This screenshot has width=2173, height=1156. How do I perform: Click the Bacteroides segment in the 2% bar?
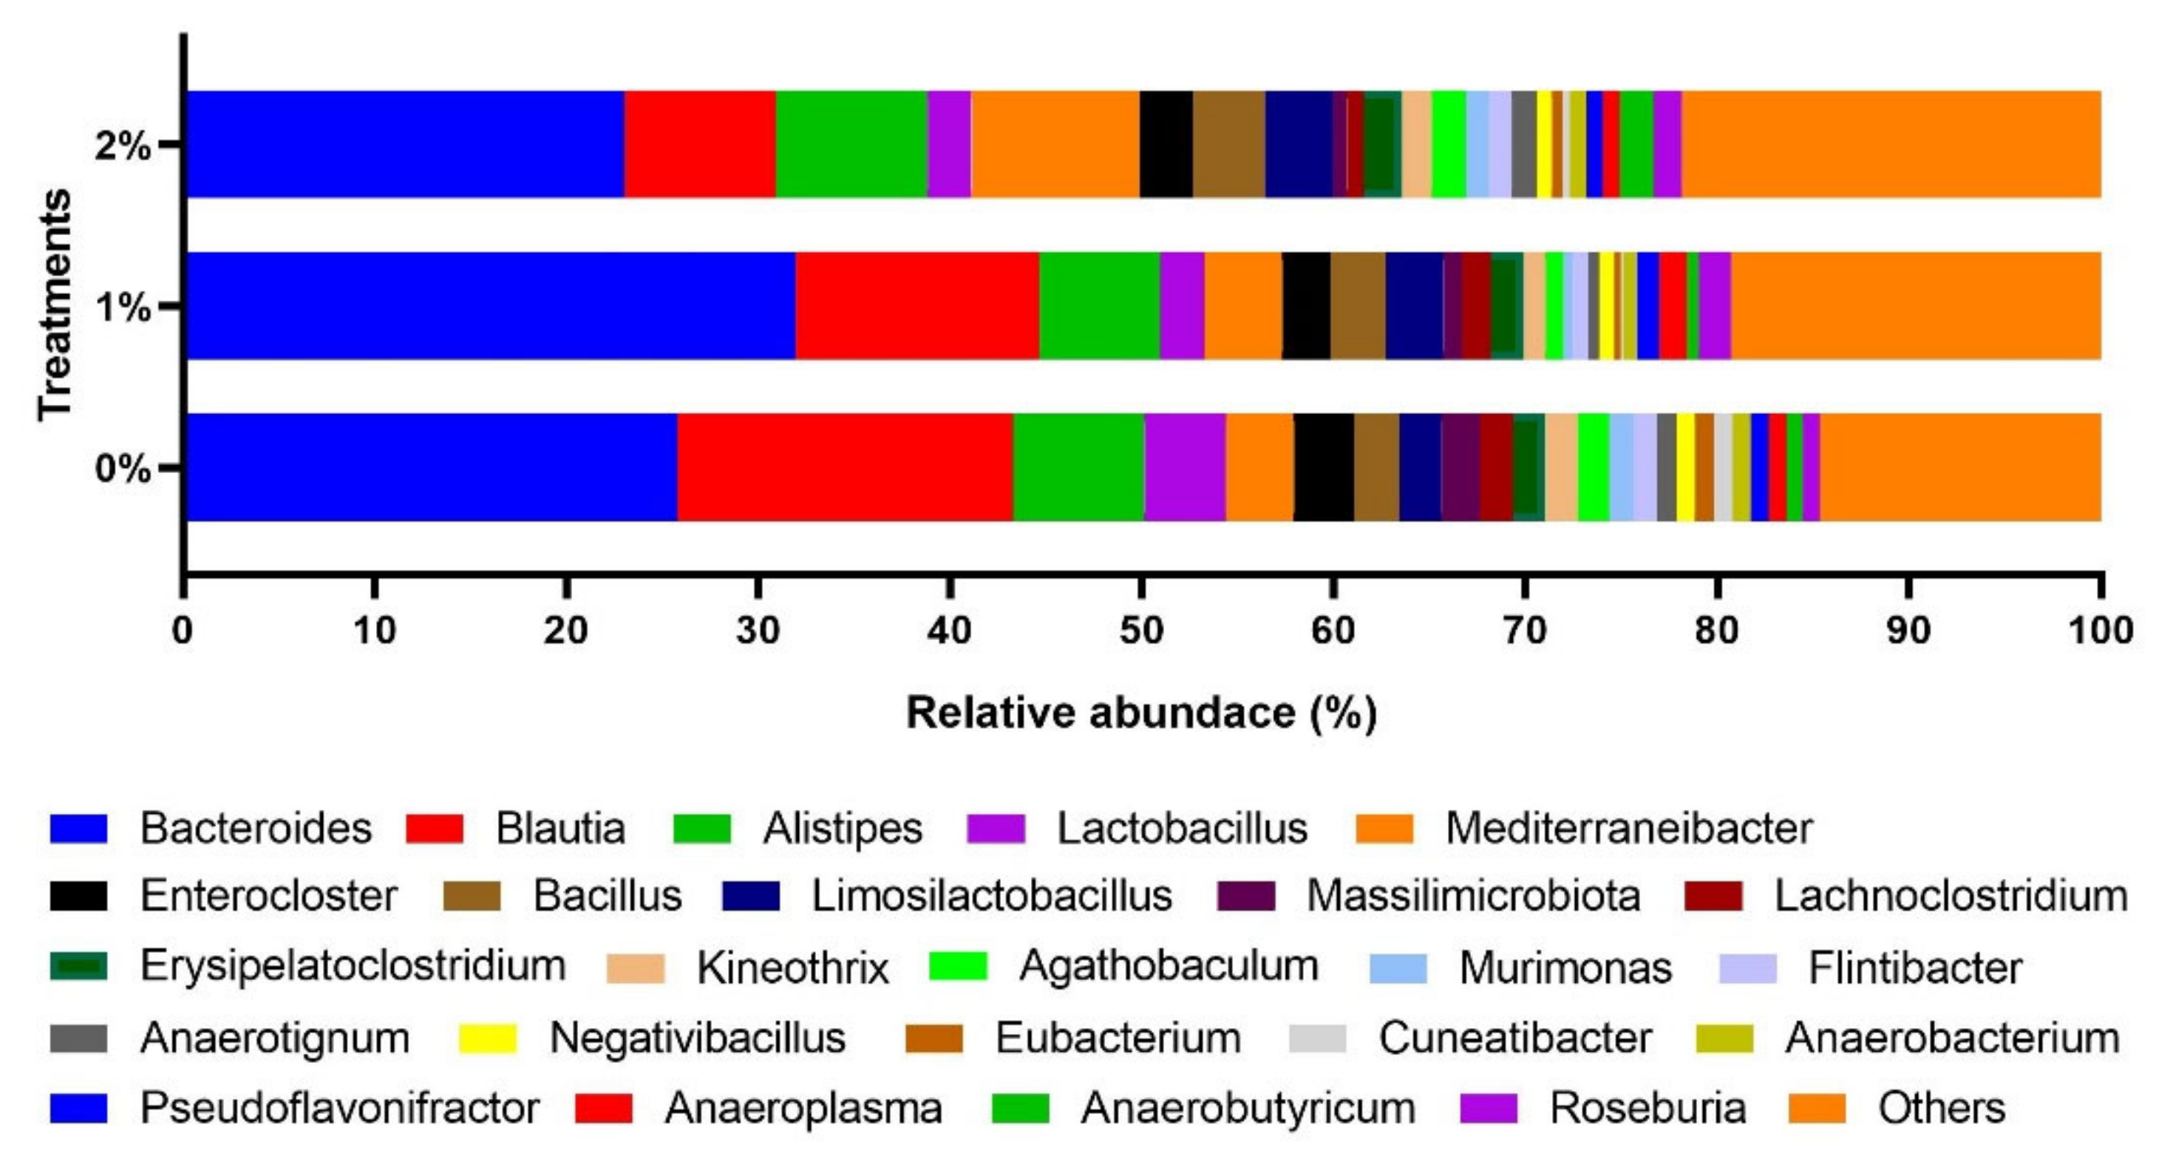[x=405, y=144]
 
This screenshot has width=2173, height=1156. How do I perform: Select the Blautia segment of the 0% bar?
[x=844, y=466]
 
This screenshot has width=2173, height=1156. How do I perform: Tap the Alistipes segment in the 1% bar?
[x=1099, y=305]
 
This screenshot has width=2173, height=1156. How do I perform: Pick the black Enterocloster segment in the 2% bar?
[x=1166, y=144]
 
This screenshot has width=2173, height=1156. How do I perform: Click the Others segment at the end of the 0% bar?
[x=1959, y=466]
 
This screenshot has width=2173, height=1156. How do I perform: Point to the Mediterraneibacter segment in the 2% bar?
[x=1055, y=144]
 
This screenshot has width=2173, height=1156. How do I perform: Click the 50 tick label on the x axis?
[x=1140, y=630]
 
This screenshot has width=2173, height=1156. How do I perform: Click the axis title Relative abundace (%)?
[x=1140, y=713]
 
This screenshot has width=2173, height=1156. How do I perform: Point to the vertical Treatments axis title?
[x=55, y=305]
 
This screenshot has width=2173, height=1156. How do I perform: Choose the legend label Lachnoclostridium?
[x=1951, y=896]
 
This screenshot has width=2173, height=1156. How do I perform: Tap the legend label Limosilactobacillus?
[x=991, y=896]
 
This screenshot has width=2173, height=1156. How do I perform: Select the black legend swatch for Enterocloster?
[x=78, y=896]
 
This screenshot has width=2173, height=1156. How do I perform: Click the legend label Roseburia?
[x=1647, y=1108]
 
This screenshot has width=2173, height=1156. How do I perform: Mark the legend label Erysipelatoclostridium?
[x=353, y=966]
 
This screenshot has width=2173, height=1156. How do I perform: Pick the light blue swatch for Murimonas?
[x=1398, y=968]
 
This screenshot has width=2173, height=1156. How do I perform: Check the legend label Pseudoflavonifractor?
[x=339, y=1108]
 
